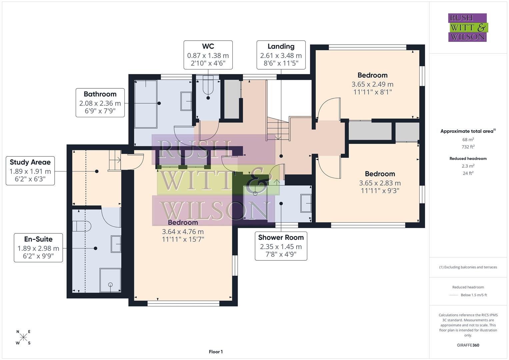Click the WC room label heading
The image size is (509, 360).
[x=208, y=46]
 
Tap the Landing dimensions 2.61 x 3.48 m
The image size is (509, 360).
[x=281, y=56]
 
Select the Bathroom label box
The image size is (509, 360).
[x=100, y=103]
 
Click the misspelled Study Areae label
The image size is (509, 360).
[x=30, y=162]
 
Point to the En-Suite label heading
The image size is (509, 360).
[x=38, y=239]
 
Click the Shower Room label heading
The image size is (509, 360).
[x=281, y=237]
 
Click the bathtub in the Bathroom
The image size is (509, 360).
[x=145, y=104]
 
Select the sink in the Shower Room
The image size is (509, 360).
[x=306, y=203]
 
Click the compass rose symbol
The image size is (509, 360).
[x=23, y=337]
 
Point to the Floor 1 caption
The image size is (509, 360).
[x=216, y=352]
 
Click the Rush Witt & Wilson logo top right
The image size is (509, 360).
[x=467, y=27]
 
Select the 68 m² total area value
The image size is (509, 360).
[x=468, y=140]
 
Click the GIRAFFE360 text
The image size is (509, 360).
[x=468, y=345]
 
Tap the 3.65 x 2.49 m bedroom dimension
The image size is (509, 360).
[x=372, y=84]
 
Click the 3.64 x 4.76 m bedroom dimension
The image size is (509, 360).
[x=183, y=232]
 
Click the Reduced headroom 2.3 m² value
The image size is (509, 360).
[x=468, y=166]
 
